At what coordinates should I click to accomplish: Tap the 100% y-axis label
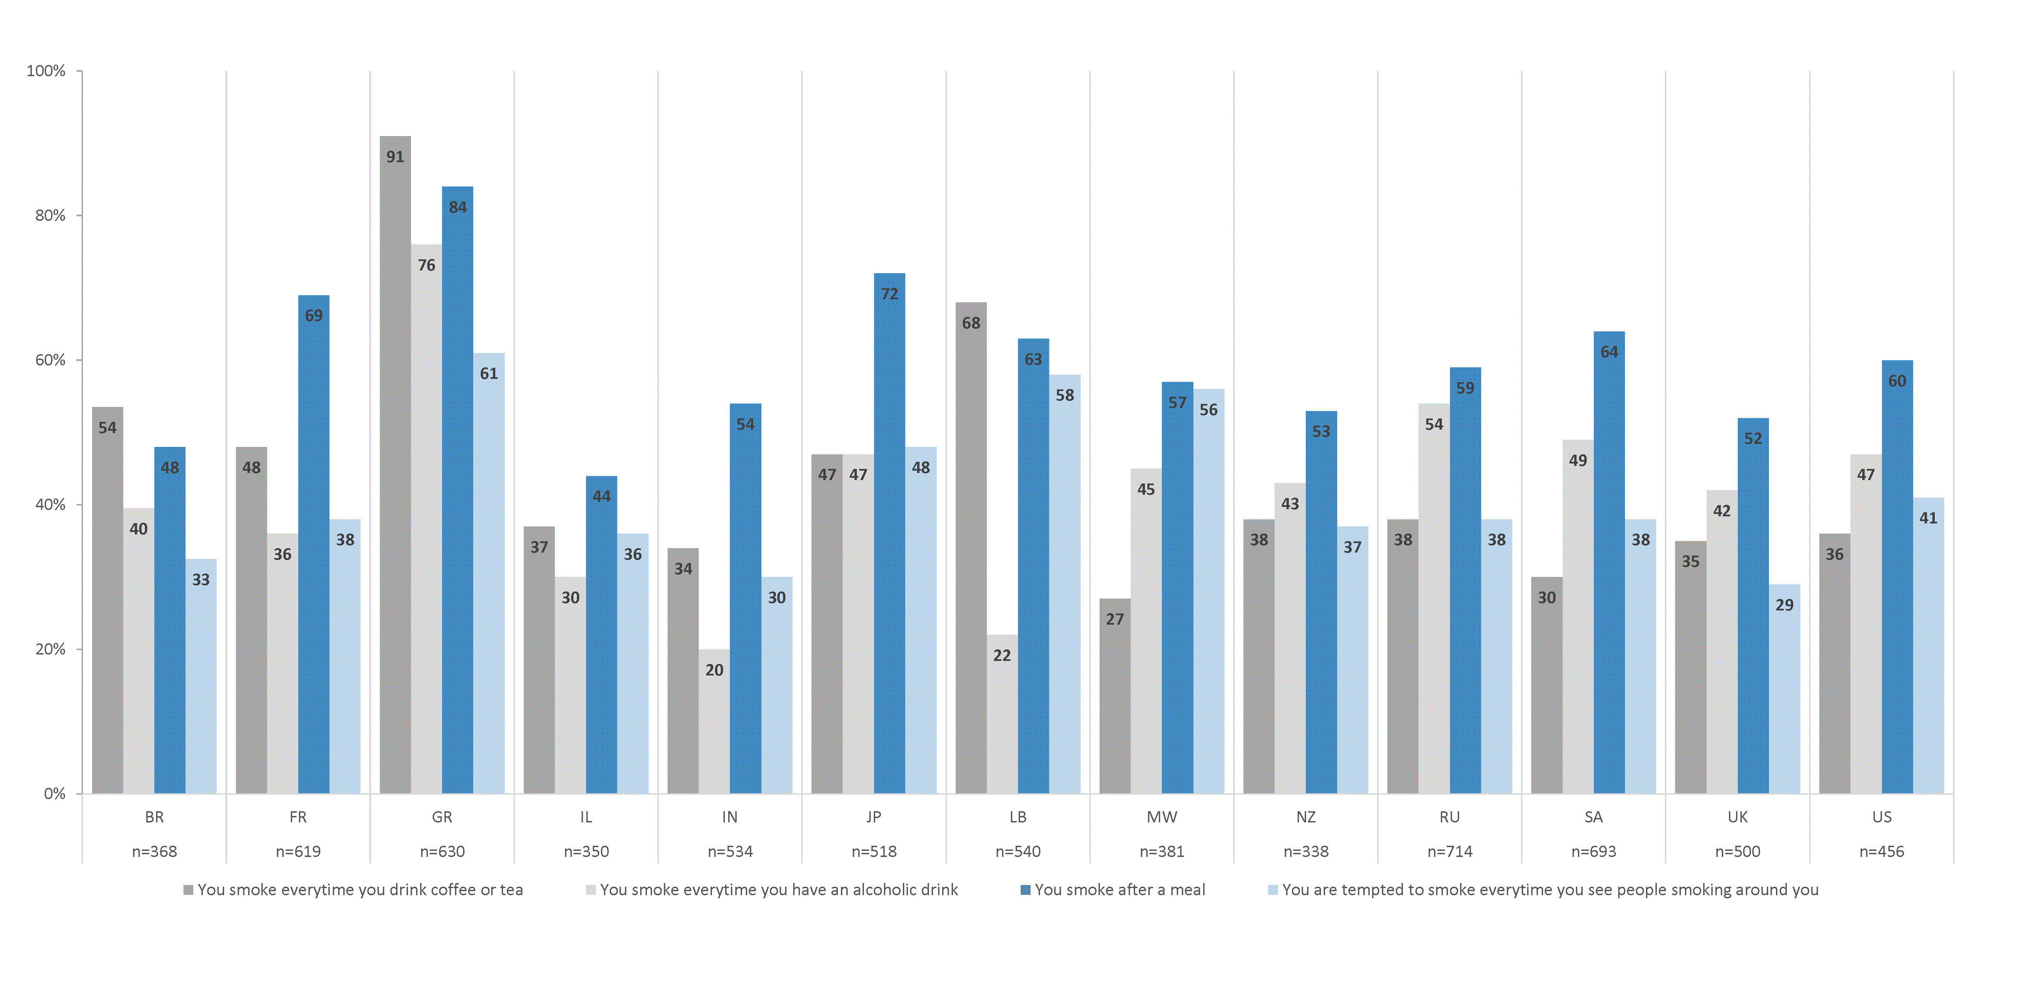click(46, 71)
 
